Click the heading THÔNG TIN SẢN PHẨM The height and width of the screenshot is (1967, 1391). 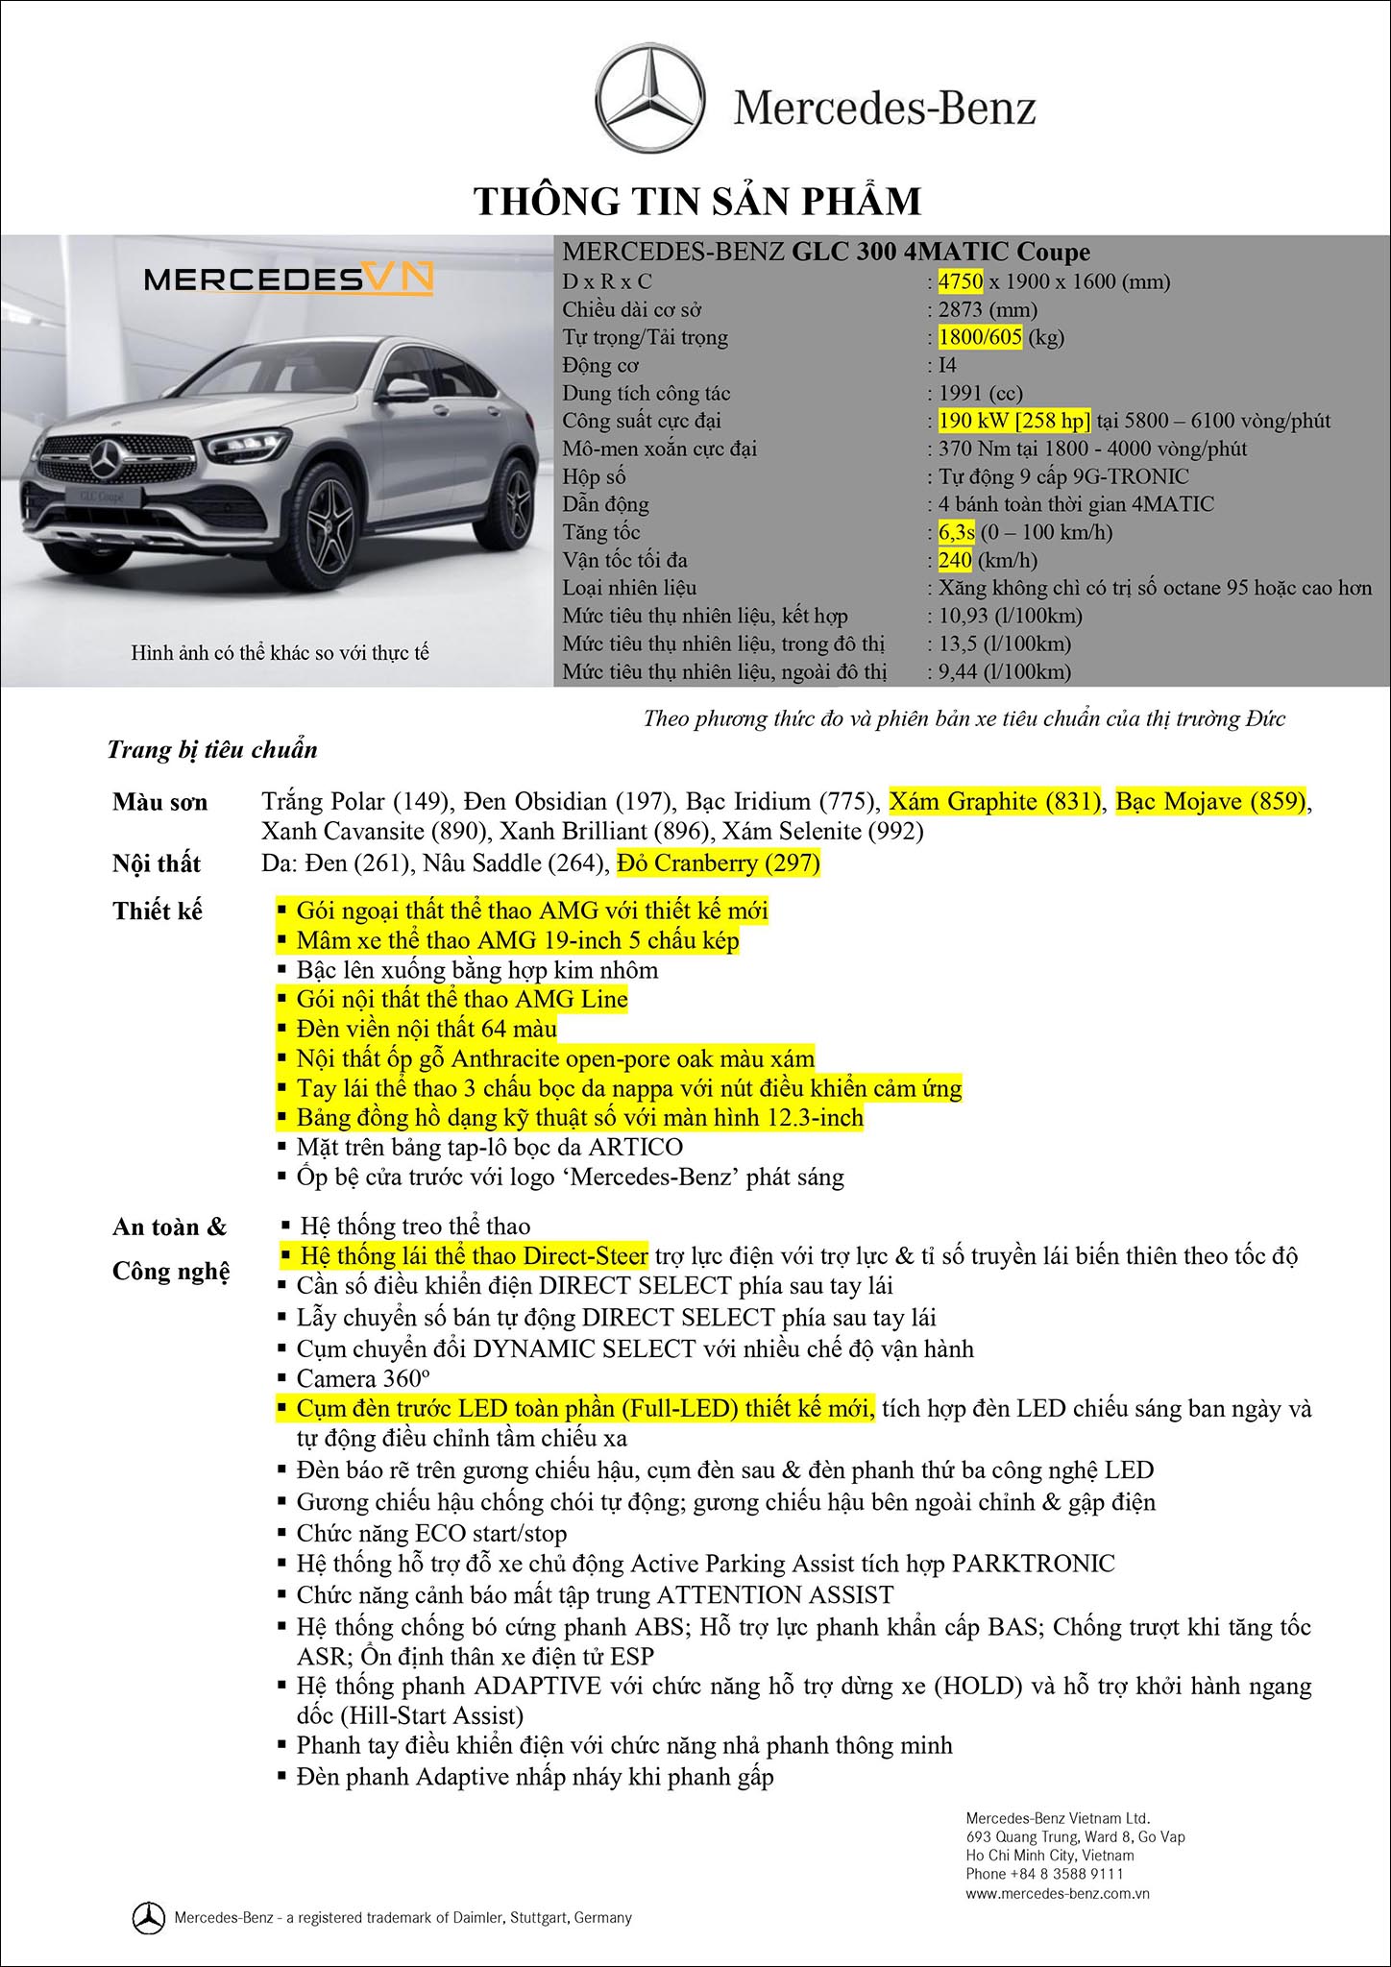[698, 203]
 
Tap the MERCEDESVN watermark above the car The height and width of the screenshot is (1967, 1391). [288, 279]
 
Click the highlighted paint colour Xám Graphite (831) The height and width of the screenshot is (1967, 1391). [995, 801]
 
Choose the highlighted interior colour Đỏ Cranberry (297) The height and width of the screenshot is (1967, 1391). [719, 863]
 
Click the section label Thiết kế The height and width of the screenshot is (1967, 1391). [158, 911]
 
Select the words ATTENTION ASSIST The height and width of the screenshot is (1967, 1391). [774, 1595]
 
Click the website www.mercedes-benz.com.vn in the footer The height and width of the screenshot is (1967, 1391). [1058, 1894]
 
